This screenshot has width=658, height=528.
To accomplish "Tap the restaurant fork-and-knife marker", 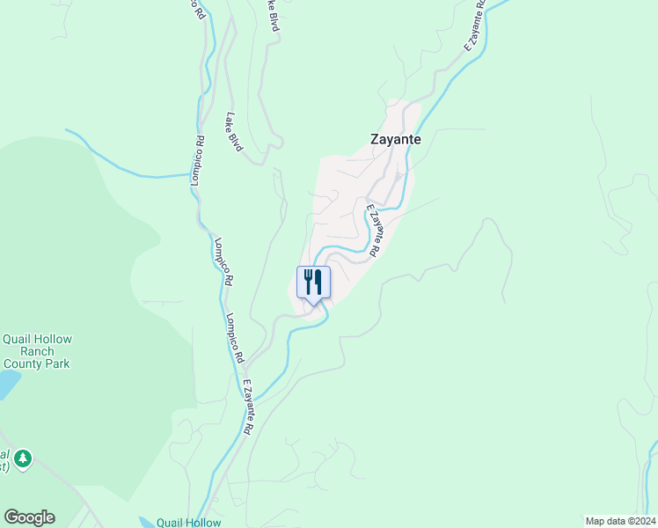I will tap(313, 282).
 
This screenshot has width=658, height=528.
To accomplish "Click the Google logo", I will tap(29, 517).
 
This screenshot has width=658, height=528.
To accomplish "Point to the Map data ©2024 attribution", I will tap(619, 520).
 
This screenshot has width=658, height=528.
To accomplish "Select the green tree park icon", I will tap(23, 458).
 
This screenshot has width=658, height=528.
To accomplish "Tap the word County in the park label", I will tap(26, 363).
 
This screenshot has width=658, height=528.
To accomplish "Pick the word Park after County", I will tap(59, 363).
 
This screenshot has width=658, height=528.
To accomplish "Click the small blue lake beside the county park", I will tap(7, 384).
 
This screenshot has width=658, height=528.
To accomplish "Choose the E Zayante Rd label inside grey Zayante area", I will tap(373, 231).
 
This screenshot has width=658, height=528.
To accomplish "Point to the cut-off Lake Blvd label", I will tap(274, 16).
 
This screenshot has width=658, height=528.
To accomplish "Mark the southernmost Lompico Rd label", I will tap(233, 339).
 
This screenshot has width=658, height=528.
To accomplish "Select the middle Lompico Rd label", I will tap(199, 158).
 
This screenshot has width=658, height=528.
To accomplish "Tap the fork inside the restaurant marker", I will tap(308, 282).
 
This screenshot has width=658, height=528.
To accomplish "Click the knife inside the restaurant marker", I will tap(319, 282).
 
